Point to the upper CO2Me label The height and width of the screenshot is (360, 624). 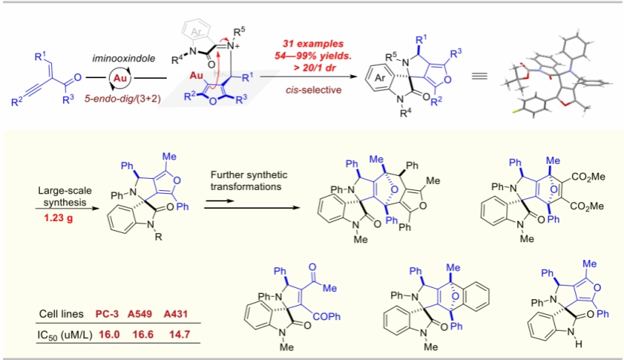point(589,177)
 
